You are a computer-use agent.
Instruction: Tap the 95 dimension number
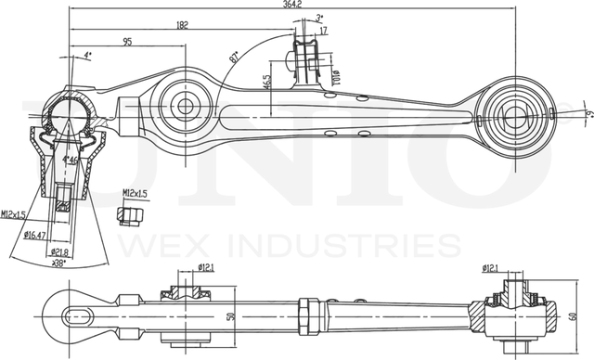pyautogui.click(x=126, y=42)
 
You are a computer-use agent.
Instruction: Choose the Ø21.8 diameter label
pyautogui.click(x=60, y=251)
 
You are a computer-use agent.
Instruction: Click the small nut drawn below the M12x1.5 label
pyautogui.click(x=131, y=215)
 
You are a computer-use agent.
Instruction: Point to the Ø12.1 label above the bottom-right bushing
pyautogui.click(x=496, y=269)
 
